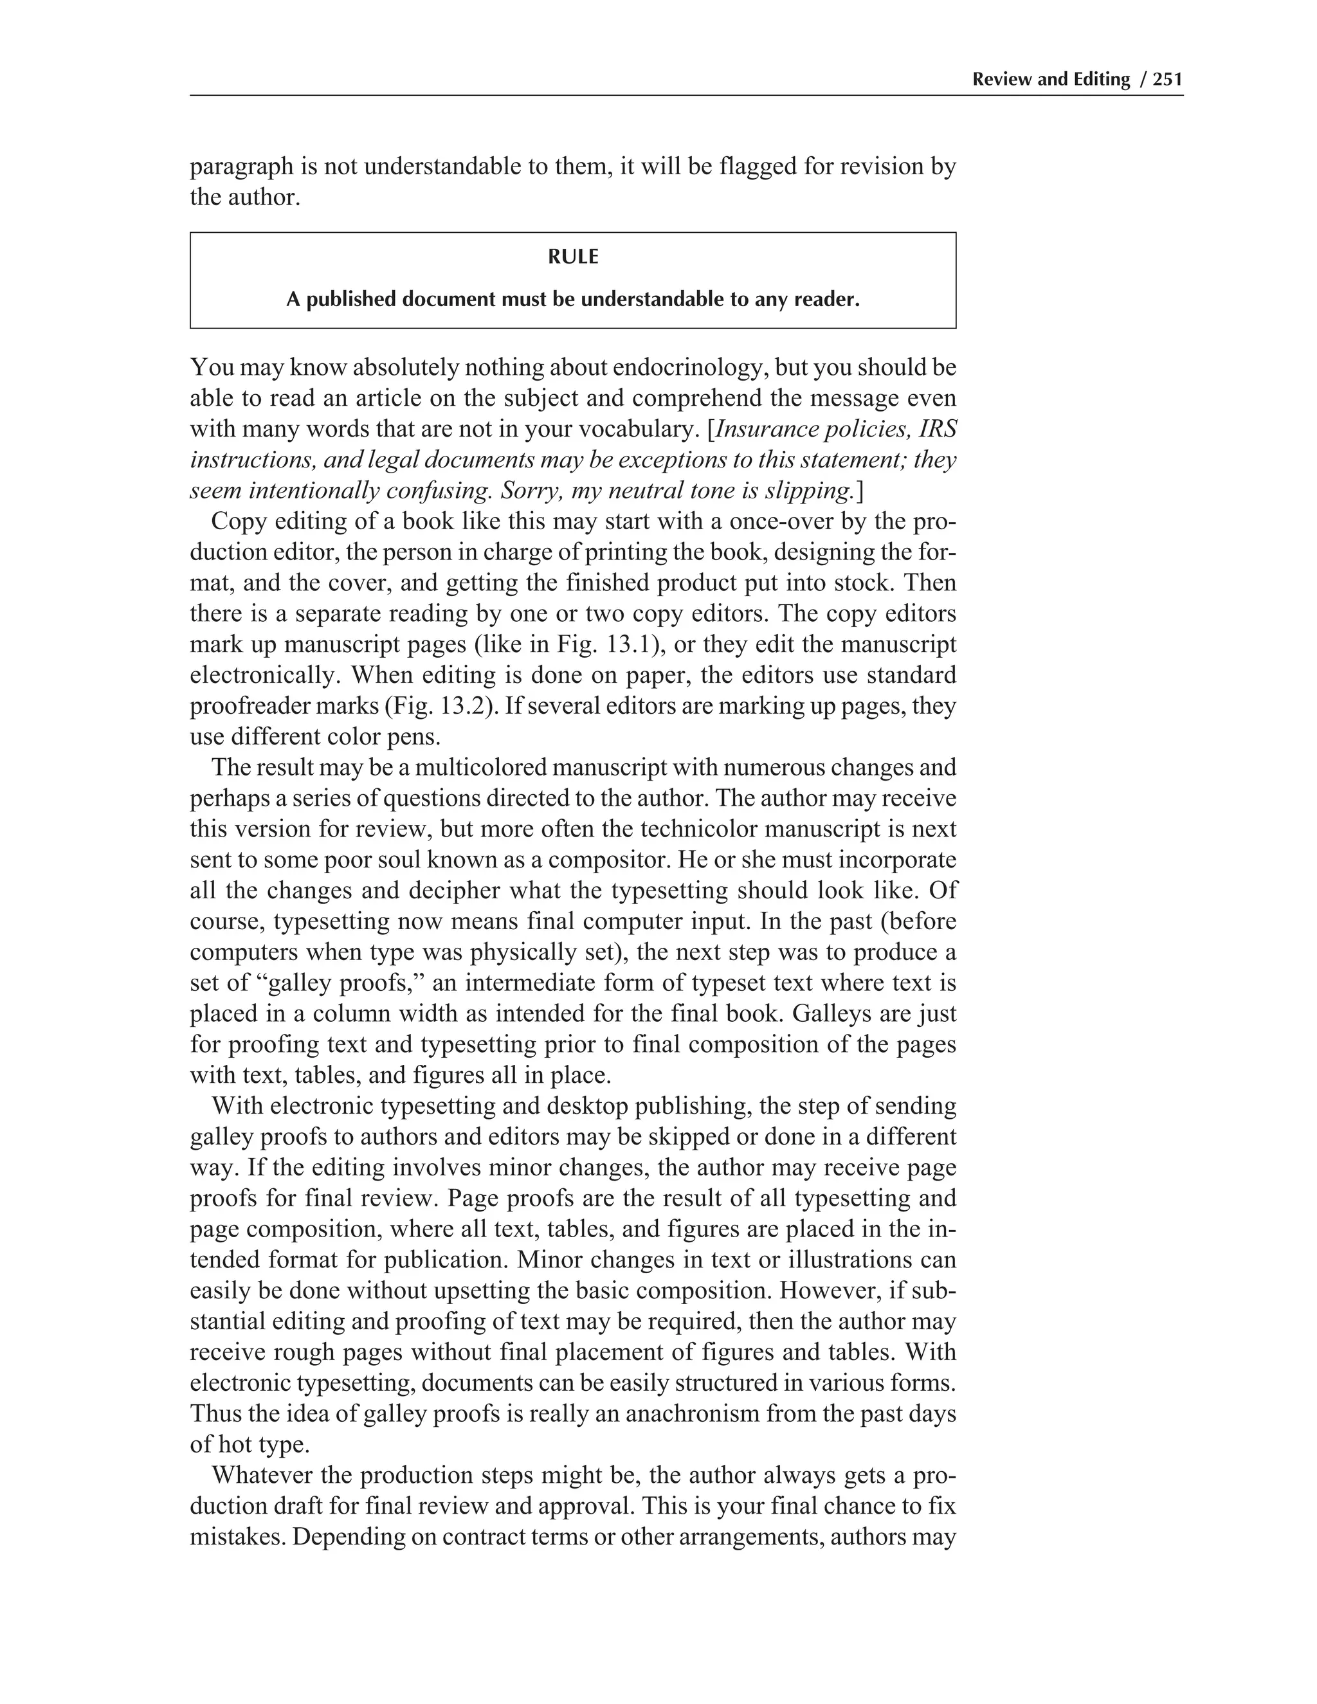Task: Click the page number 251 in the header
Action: click(1168, 79)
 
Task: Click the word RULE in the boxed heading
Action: click(573, 257)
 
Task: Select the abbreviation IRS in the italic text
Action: click(939, 429)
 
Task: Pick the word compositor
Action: click(608, 860)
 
